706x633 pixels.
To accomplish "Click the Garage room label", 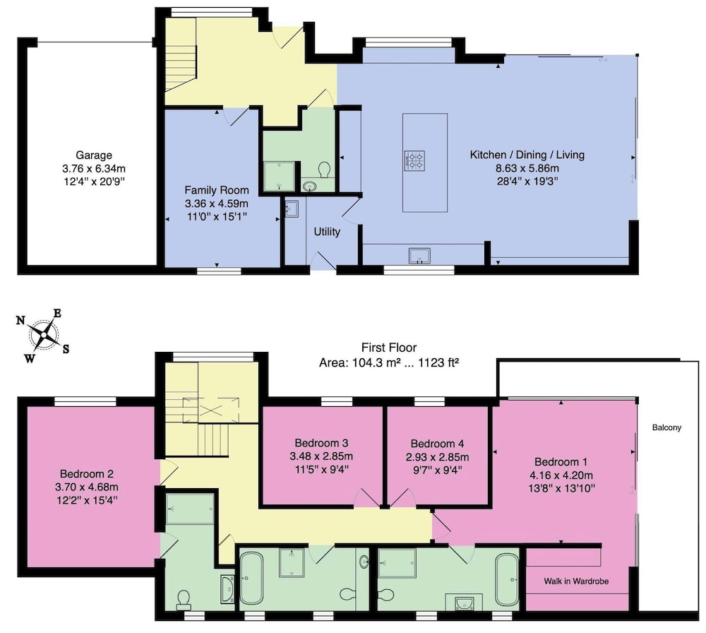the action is point(94,155).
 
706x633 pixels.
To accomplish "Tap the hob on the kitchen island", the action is point(414,160).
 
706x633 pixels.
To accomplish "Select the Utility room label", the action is point(327,232).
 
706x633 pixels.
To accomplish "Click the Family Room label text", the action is point(217,190).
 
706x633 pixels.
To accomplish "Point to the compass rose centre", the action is point(44,334).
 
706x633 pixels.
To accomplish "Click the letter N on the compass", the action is point(20,320).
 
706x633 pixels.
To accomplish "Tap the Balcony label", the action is point(667,427).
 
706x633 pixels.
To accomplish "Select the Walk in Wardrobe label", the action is point(576,581).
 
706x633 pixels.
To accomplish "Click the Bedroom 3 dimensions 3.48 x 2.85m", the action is point(321,456).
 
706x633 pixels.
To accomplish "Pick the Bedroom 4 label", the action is point(437,444).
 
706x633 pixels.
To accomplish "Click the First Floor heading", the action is point(389,348).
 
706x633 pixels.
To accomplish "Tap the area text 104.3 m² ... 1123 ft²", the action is point(389,362).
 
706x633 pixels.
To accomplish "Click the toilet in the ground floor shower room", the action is point(324,170).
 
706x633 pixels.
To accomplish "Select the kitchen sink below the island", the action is point(419,256).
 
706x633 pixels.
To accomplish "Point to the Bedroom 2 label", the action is point(87,474).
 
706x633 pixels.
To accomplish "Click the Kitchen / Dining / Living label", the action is point(527,155).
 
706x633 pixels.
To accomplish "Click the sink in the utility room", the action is point(291,209).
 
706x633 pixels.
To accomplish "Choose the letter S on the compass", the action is point(66,349).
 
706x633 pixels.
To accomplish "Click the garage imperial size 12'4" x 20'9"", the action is point(94,182).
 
